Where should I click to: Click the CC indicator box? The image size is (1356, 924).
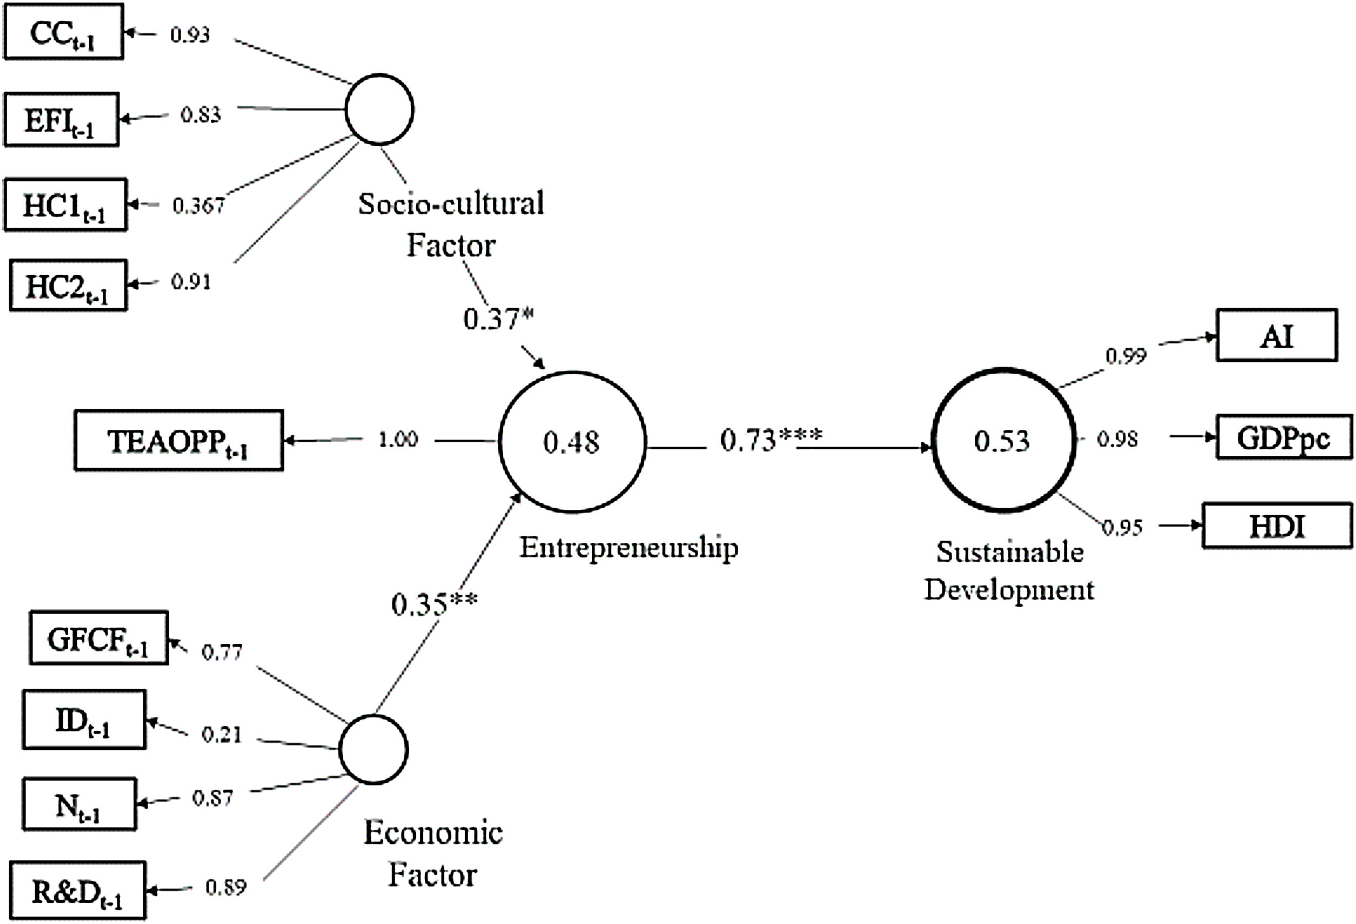click(64, 32)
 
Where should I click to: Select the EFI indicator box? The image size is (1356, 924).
click(61, 119)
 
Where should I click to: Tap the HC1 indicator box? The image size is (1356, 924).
click(65, 205)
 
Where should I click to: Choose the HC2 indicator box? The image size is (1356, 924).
click(68, 285)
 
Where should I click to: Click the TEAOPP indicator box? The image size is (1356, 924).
click(178, 441)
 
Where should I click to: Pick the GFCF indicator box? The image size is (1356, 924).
click(98, 638)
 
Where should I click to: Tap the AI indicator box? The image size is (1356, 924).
click(1277, 335)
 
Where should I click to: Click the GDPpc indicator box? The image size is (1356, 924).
click(1284, 437)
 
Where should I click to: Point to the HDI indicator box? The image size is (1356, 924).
click(1277, 526)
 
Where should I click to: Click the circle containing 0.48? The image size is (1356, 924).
click(572, 442)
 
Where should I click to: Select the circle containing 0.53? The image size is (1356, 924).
click(1003, 441)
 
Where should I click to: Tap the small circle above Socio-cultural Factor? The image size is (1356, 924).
click(379, 109)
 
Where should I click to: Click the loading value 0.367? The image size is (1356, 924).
click(198, 205)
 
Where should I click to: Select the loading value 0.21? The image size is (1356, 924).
click(222, 734)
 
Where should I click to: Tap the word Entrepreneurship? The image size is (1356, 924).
click(628, 547)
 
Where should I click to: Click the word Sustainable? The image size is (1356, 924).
click(1010, 551)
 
